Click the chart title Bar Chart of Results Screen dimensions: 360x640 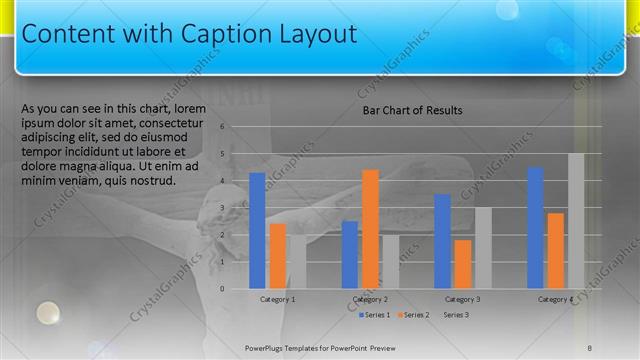click(x=412, y=110)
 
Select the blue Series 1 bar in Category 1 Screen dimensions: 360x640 click(x=257, y=231)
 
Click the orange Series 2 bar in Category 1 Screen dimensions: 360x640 click(x=278, y=256)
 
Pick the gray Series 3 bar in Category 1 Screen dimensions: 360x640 click(x=298, y=262)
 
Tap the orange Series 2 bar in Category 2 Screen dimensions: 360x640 click(x=370, y=229)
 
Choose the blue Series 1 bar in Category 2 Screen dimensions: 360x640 click(x=350, y=255)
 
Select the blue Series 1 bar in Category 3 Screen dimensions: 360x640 click(x=442, y=241)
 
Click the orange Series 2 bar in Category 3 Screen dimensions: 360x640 click(x=462, y=264)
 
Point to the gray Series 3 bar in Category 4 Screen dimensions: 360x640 click(x=576, y=221)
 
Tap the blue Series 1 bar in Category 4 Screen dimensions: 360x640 click(x=535, y=228)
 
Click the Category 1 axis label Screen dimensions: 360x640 click(x=277, y=299)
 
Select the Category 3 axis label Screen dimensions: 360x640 click(x=462, y=299)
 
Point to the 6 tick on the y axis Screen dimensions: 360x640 click(x=236, y=127)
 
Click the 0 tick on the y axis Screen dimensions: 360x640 click(x=236, y=289)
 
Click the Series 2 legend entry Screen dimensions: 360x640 click(x=414, y=315)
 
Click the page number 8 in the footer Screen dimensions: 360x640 click(x=590, y=347)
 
